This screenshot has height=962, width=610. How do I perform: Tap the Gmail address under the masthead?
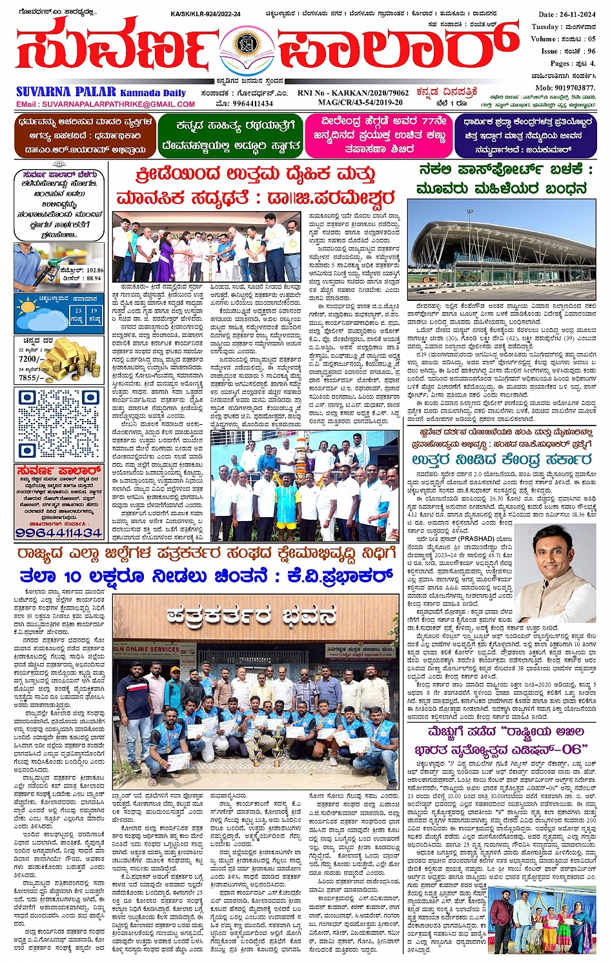106,104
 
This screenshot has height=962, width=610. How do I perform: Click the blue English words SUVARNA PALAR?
66,92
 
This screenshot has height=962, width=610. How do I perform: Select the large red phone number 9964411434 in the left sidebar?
59,533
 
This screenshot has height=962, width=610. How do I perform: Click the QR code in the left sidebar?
59,424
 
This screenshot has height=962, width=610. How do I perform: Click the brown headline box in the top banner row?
86,136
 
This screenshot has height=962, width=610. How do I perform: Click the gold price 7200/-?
31,359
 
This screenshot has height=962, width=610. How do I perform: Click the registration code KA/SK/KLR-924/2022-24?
206,14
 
